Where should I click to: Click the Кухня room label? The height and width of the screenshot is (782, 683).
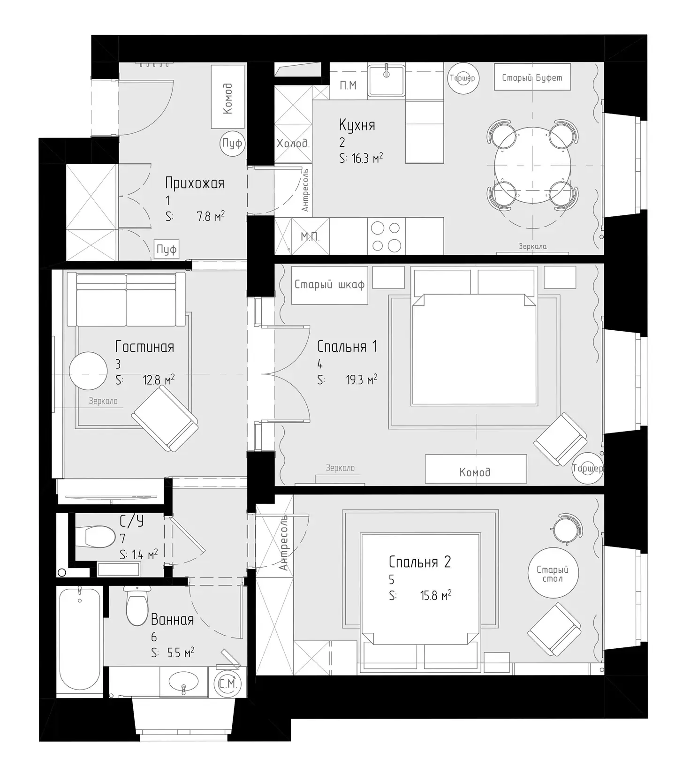click(357, 126)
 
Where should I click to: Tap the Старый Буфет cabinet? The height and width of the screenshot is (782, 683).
click(532, 77)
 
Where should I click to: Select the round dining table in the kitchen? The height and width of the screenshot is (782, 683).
click(533, 165)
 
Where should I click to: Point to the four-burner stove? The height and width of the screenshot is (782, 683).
click(386, 236)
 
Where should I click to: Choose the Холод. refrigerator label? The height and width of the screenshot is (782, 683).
click(293, 144)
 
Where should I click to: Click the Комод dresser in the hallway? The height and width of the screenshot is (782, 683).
click(228, 97)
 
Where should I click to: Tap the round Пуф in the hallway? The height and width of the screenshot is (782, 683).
click(232, 143)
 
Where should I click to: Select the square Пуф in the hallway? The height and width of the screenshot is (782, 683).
click(167, 249)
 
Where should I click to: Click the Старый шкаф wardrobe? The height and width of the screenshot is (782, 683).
click(329, 285)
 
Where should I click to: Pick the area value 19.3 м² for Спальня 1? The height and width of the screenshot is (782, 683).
click(362, 380)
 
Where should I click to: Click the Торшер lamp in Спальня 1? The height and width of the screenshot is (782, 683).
click(587, 468)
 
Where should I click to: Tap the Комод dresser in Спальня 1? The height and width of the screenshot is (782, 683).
click(476, 469)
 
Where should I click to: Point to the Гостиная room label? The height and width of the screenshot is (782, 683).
click(145, 347)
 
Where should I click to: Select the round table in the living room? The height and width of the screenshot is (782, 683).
click(88, 371)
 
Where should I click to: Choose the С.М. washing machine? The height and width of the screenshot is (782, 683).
click(228, 684)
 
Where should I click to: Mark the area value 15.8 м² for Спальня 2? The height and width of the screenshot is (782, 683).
click(436, 595)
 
